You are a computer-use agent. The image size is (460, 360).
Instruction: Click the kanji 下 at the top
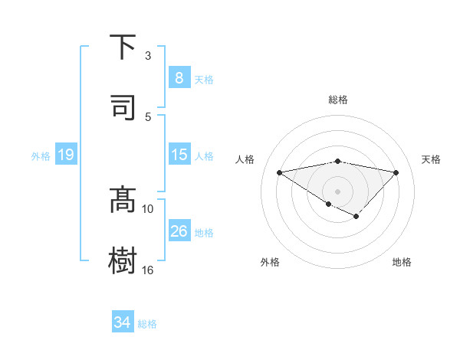coord(123,47)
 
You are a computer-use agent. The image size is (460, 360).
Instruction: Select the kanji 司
coord(123,107)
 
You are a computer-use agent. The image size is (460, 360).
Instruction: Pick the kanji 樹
coord(123,260)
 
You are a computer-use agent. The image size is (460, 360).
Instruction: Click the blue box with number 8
coord(179,77)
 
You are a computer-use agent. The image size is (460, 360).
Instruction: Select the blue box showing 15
coord(179,154)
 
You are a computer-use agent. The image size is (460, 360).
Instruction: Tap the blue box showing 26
coord(179,231)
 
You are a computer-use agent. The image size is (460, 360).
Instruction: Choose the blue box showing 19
coord(65,155)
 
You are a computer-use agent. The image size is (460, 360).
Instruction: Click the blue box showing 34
coord(122,322)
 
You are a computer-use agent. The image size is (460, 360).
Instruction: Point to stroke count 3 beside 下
coord(148,55)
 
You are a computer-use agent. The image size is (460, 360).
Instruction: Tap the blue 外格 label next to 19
coord(41,155)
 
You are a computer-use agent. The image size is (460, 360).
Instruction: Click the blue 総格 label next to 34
coord(147,324)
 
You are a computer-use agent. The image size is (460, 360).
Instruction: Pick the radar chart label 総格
coord(338,100)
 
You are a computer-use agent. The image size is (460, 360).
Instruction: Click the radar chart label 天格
coord(431,159)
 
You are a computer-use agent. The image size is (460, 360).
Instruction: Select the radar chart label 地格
coord(402,262)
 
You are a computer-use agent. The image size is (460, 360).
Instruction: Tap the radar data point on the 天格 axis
coord(396,172)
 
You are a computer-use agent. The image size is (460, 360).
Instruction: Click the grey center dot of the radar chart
coord(337,191)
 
